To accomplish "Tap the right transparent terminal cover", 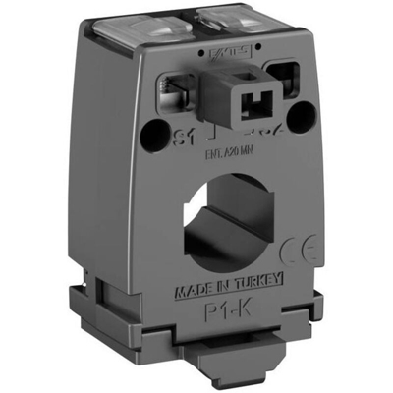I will (257, 22).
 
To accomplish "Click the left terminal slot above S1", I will (180, 88).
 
